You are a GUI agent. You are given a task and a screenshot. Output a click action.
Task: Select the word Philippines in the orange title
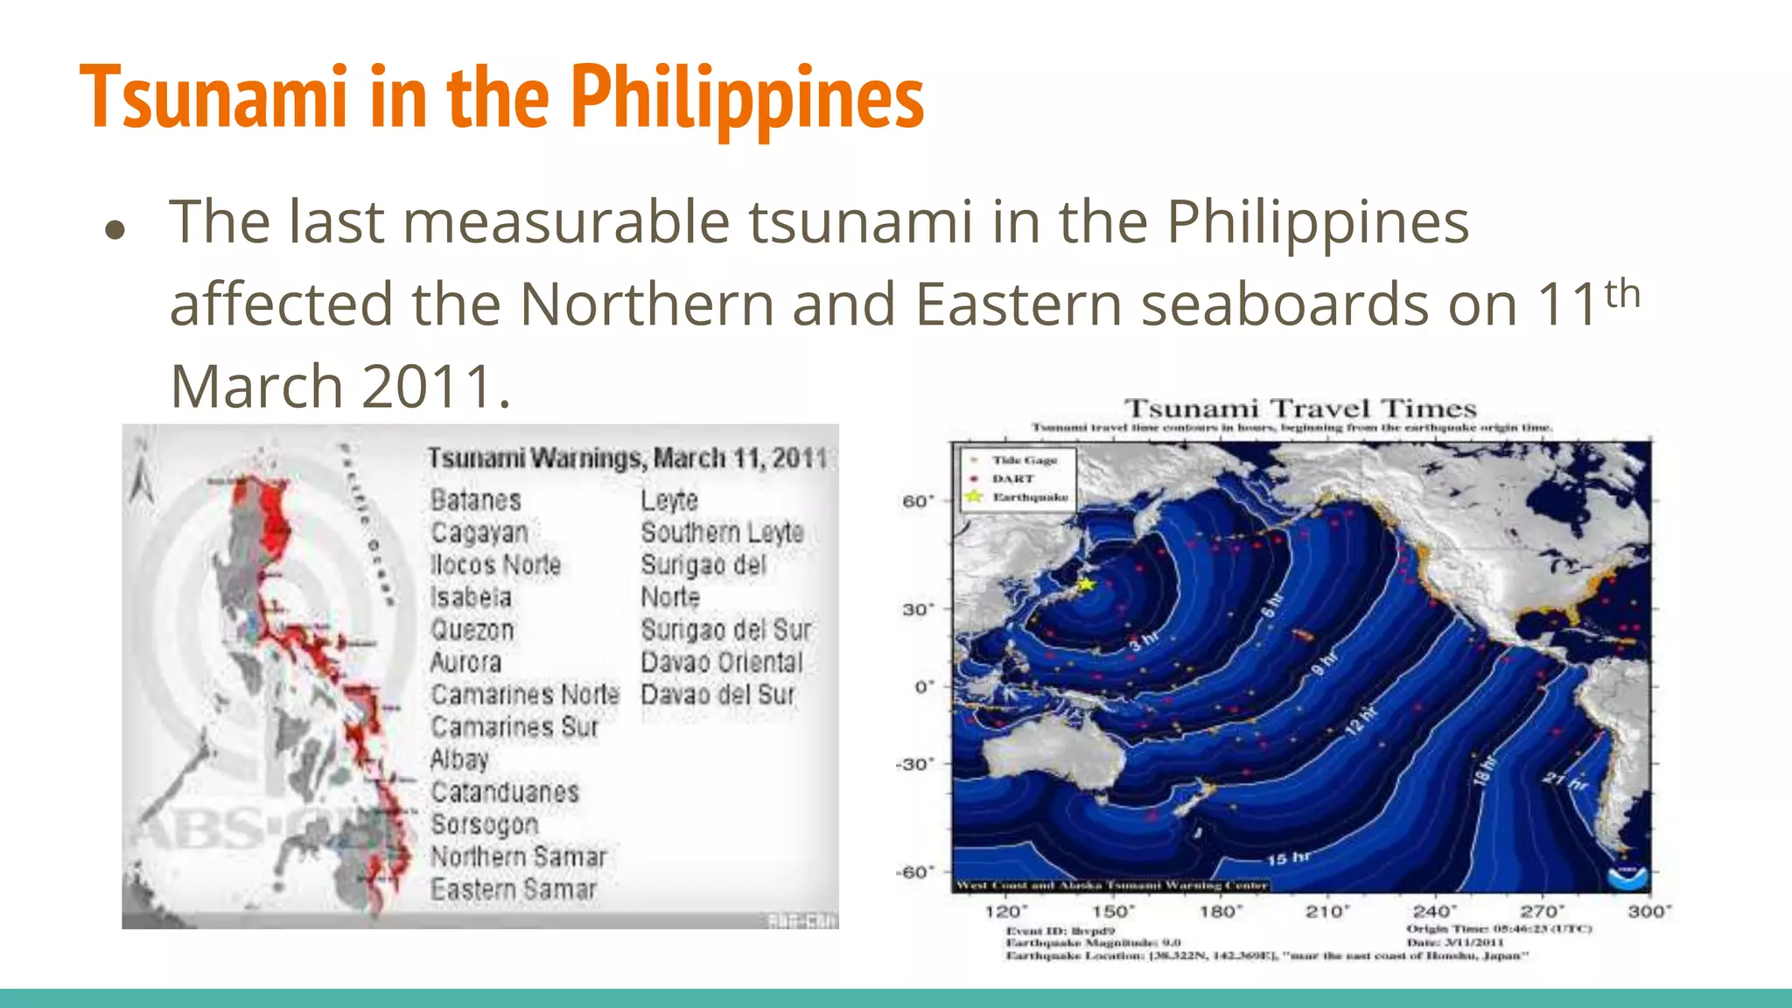pyautogui.click(x=747, y=98)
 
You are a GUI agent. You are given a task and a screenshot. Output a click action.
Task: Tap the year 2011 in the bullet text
pyautogui.click(x=428, y=386)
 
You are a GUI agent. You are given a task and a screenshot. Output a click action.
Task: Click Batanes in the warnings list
pyautogui.click(x=475, y=500)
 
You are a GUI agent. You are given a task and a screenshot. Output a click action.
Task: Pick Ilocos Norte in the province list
pyautogui.click(x=495, y=564)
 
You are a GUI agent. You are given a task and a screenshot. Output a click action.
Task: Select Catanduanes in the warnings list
pyautogui.click(x=505, y=792)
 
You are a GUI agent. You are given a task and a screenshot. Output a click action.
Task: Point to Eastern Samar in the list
pyautogui.click(x=513, y=889)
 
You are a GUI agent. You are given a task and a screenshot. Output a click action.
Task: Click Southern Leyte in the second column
pyautogui.click(x=722, y=532)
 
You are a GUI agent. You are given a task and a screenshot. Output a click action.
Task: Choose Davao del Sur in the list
pyautogui.click(x=717, y=695)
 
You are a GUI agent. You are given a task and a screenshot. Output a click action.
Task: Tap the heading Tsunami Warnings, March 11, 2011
pyautogui.click(x=626, y=458)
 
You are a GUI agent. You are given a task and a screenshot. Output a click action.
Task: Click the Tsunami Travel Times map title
pyautogui.click(x=1300, y=409)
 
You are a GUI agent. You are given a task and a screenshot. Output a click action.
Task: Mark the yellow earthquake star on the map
pyautogui.click(x=1085, y=584)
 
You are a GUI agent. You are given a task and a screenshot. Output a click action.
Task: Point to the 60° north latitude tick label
pyautogui.click(x=918, y=501)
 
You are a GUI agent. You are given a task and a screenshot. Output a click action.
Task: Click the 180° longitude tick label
pyautogui.click(x=1220, y=912)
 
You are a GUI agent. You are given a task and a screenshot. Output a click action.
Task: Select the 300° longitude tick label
pyautogui.click(x=1648, y=912)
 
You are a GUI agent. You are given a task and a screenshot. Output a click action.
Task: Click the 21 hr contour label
pyautogui.click(x=1564, y=779)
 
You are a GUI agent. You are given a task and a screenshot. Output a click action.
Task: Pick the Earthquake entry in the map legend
pyautogui.click(x=1029, y=497)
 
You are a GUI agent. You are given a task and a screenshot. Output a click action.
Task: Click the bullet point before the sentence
pyautogui.click(x=115, y=229)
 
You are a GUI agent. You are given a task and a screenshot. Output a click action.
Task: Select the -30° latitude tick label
pyautogui.click(x=914, y=764)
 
